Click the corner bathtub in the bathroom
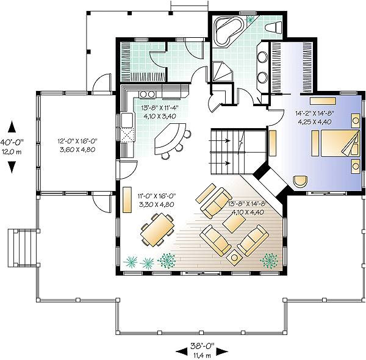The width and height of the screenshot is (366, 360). [228, 31]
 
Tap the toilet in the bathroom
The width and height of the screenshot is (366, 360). [274, 27]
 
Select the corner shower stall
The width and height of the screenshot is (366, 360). [223, 71]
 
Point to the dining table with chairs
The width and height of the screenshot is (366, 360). [157, 230]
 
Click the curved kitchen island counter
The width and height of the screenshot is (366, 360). [170, 139]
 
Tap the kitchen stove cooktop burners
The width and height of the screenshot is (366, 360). [147, 94]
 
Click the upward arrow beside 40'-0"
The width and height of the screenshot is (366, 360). [12, 128]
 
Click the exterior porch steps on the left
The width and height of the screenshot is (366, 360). [22, 248]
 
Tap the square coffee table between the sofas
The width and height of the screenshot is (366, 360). [234, 223]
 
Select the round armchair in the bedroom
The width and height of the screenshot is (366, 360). [300, 181]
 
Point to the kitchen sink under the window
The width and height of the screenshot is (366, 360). [127, 120]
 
